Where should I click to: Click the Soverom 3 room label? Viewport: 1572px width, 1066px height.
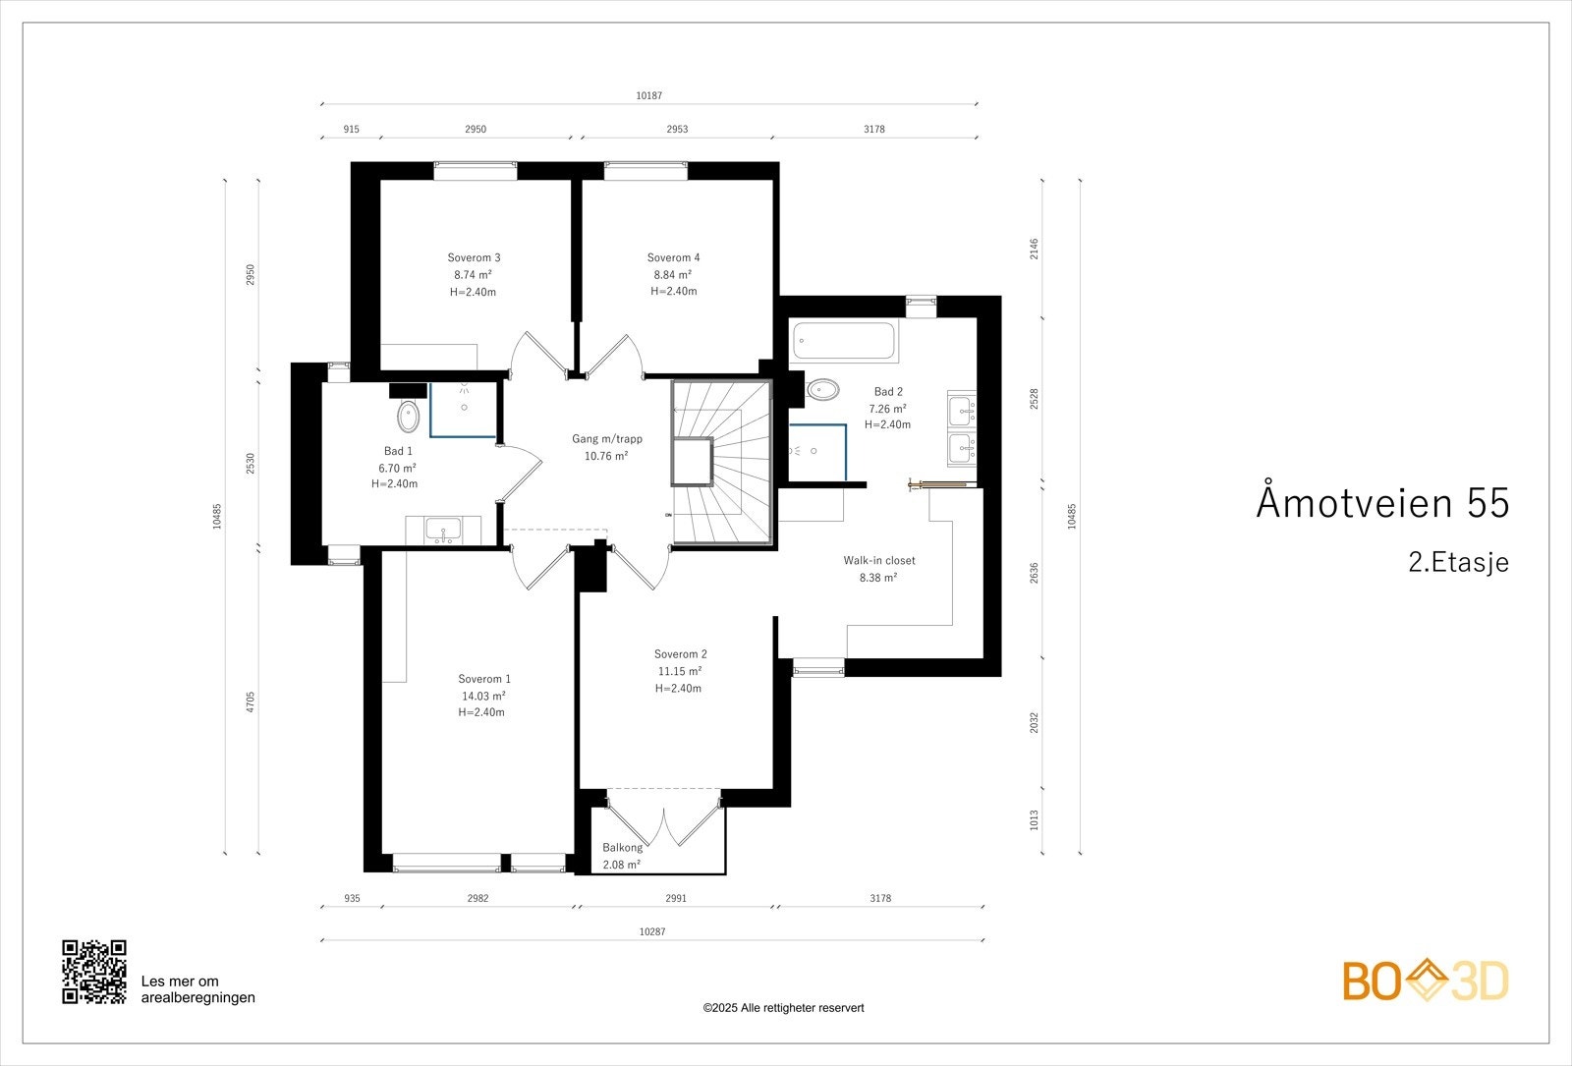[475, 257]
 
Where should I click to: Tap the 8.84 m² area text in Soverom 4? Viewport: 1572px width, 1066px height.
[673, 275]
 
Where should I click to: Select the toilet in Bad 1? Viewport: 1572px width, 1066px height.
[408, 417]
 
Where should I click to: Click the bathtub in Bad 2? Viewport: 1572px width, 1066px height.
[843, 341]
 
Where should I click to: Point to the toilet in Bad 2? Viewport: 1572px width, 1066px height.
[821, 390]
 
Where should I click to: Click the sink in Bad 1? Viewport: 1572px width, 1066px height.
[444, 532]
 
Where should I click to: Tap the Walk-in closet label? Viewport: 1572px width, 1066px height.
[878, 561]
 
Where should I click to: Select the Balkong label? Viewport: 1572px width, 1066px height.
[622, 847]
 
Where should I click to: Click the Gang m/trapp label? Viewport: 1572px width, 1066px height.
[607, 439]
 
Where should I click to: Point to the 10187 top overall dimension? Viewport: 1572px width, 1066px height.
[648, 95]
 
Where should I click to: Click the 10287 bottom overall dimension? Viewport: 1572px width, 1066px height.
[651, 930]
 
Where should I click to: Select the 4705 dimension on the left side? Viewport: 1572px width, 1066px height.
[251, 701]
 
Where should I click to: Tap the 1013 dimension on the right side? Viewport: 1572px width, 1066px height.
[1034, 819]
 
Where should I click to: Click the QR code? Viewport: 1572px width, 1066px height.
[94, 972]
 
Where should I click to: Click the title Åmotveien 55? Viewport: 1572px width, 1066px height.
[1381, 502]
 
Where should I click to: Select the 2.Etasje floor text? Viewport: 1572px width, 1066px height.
[1457, 563]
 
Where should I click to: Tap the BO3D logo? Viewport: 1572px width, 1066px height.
[1425, 981]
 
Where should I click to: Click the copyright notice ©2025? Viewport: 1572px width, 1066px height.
[783, 1007]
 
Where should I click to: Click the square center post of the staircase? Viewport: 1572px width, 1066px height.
[693, 461]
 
